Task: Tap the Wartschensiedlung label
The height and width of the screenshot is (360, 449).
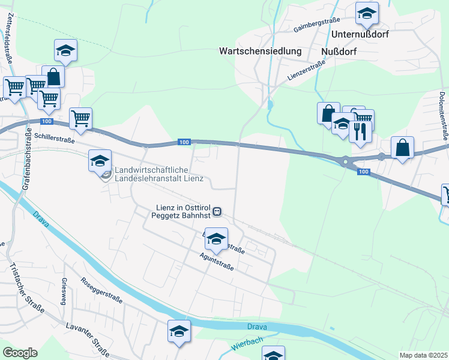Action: point(260,52)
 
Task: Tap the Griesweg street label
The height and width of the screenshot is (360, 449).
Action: point(64,292)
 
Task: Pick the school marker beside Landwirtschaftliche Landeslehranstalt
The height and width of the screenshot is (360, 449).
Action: point(100,160)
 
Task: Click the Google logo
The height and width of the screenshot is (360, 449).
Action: point(20,353)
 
